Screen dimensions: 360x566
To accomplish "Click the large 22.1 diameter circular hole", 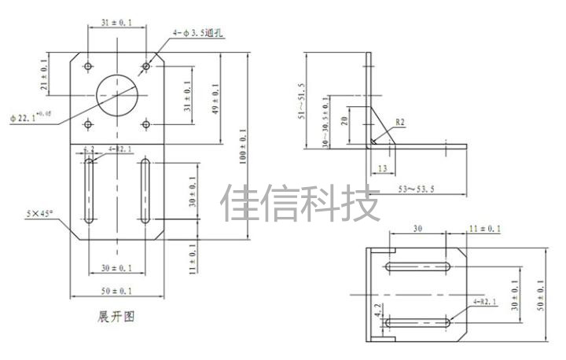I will (117, 94).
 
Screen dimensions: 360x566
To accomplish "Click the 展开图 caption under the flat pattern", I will (116, 318).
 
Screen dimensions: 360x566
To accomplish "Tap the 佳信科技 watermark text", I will (301, 203).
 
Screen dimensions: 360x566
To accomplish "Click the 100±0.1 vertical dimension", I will (243, 146).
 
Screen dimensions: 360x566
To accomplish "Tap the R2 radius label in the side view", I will (400, 122).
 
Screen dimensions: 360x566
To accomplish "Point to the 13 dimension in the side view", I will (381, 168).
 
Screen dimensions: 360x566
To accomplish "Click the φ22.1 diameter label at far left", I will (31, 118).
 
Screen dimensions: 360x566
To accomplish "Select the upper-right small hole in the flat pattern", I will (146, 64).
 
